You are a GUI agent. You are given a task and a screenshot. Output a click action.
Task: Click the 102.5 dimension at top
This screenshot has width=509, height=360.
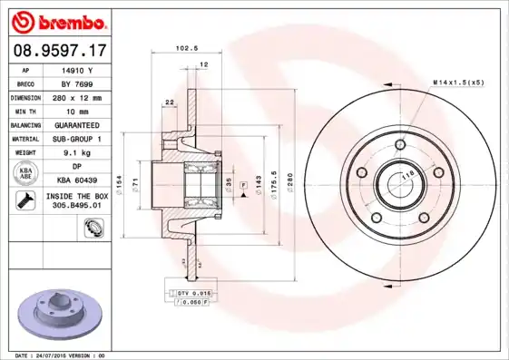pos(186,49)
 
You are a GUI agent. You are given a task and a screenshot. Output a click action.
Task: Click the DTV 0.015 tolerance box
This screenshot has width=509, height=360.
pos(193,295)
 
